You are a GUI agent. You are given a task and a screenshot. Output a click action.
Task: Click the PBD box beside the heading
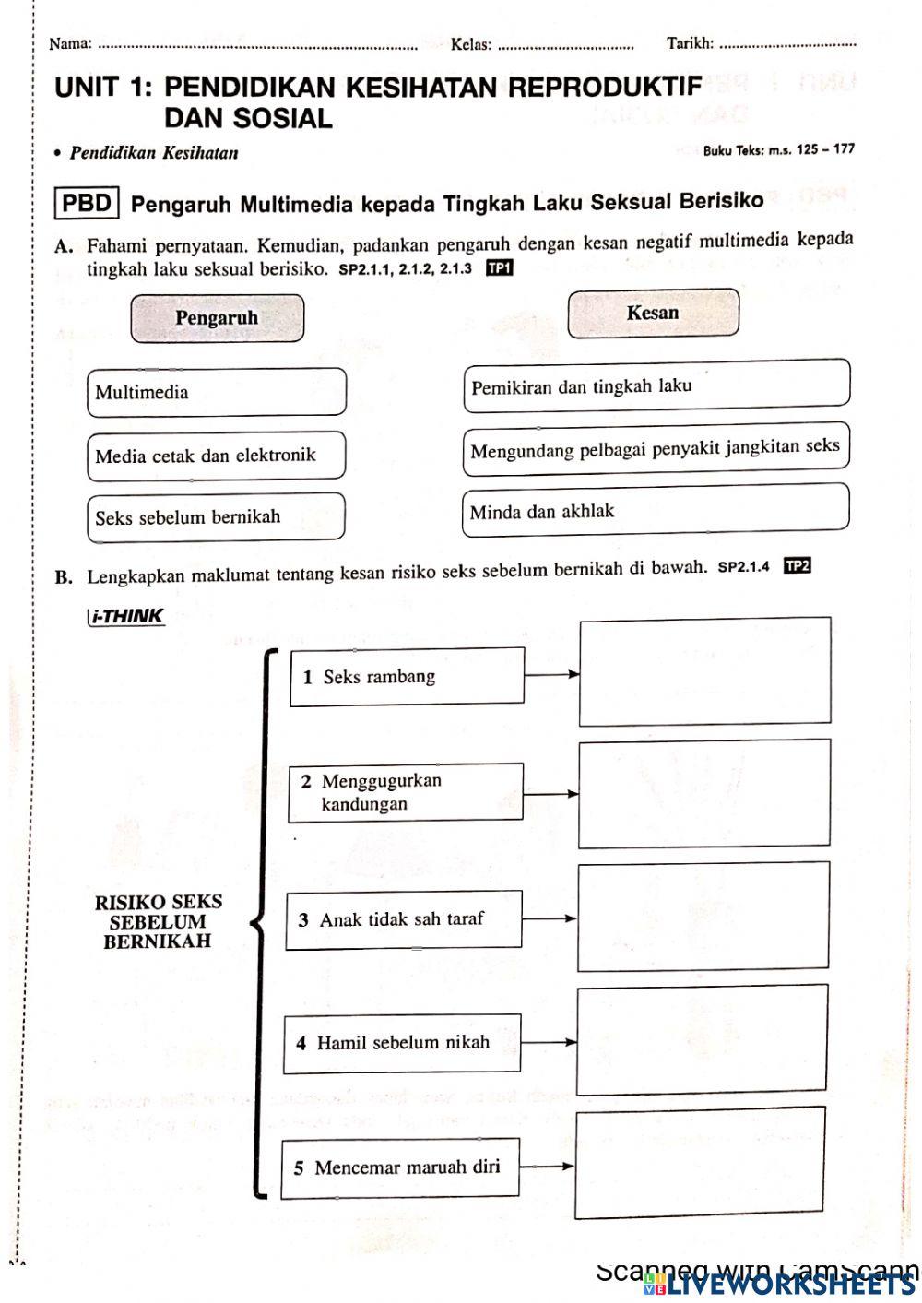pos(87,203)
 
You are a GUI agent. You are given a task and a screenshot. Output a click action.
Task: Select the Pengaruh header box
pos(217,318)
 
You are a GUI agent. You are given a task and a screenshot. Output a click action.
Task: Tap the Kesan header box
pos(653,314)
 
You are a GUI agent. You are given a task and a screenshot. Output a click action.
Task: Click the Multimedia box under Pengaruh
pos(217,392)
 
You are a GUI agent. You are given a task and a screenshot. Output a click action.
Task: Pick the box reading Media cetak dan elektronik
pos(217,456)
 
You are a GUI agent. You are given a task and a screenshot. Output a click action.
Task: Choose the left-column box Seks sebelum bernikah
pos(217,517)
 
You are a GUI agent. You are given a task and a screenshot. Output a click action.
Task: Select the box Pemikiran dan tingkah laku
pos(656,385)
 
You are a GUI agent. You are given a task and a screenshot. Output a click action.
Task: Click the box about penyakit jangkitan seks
pos(656,449)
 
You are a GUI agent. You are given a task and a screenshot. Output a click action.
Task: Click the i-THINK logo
pos(127,616)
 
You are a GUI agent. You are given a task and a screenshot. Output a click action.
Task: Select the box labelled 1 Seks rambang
pos(408,677)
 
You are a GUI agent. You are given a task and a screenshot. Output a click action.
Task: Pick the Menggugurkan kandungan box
pos(406,792)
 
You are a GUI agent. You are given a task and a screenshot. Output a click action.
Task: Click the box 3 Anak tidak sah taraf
pos(404,919)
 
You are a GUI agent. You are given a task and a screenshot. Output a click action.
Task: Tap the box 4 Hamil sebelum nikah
pos(402,1043)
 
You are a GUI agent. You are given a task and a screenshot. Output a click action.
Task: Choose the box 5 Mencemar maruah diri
pos(400,1167)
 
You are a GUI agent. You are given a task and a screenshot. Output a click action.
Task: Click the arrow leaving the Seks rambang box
pos(551,674)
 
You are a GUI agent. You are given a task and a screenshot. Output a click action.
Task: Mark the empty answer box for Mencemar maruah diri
pos(699,1163)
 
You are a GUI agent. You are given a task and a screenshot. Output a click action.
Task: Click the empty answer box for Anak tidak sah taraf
pos(703,917)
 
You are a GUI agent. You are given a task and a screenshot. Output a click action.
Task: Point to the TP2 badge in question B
pos(797,565)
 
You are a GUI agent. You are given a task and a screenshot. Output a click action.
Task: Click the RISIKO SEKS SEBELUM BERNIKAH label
pos(158,921)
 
